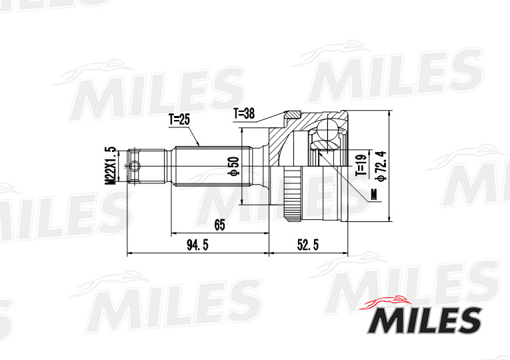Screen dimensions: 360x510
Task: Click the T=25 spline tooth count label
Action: (179, 120)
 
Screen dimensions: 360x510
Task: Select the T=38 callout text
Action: (245, 113)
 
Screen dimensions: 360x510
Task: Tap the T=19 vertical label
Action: (360, 163)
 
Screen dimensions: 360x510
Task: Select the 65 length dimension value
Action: (219, 225)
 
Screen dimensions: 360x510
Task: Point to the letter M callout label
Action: (373, 195)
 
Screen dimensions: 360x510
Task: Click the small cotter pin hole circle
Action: (135, 166)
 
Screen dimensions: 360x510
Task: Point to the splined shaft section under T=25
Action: (207, 166)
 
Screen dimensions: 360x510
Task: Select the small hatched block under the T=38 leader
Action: (292, 114)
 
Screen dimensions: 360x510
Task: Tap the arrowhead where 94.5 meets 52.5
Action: (269, 253)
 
